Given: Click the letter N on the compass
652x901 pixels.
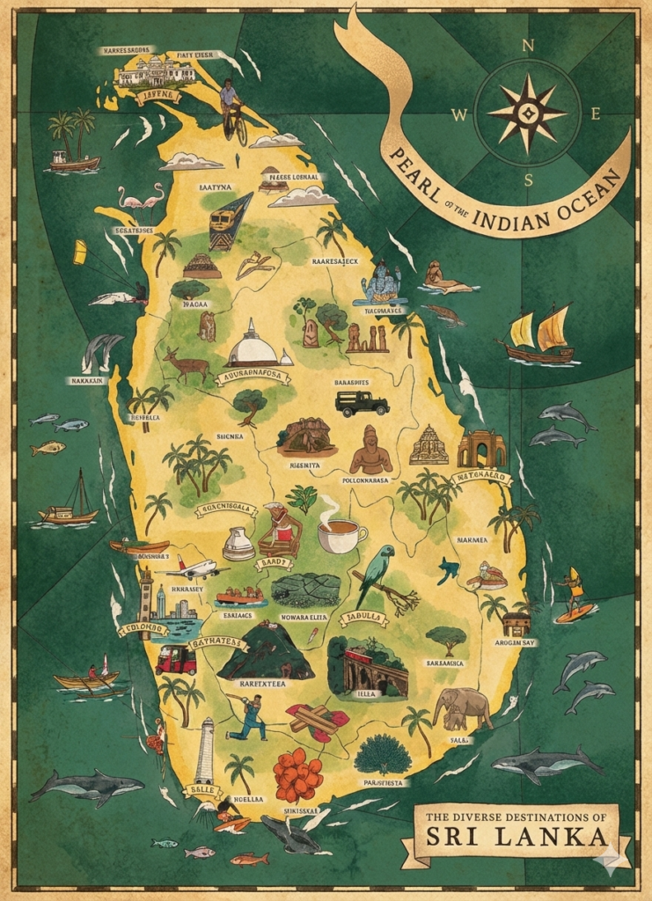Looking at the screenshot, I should tap(528, 46).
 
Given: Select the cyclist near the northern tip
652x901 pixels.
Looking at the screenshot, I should tap(232, 109).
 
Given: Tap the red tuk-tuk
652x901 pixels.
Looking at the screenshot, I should tap(176, 659).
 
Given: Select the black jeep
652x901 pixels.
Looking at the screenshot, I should tap(362, 402).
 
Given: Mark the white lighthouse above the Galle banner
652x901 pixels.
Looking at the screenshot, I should tap(205, 750).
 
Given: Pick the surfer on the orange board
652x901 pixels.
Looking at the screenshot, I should tap(575, 596).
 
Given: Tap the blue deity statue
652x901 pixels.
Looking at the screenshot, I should tap(381, 283).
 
